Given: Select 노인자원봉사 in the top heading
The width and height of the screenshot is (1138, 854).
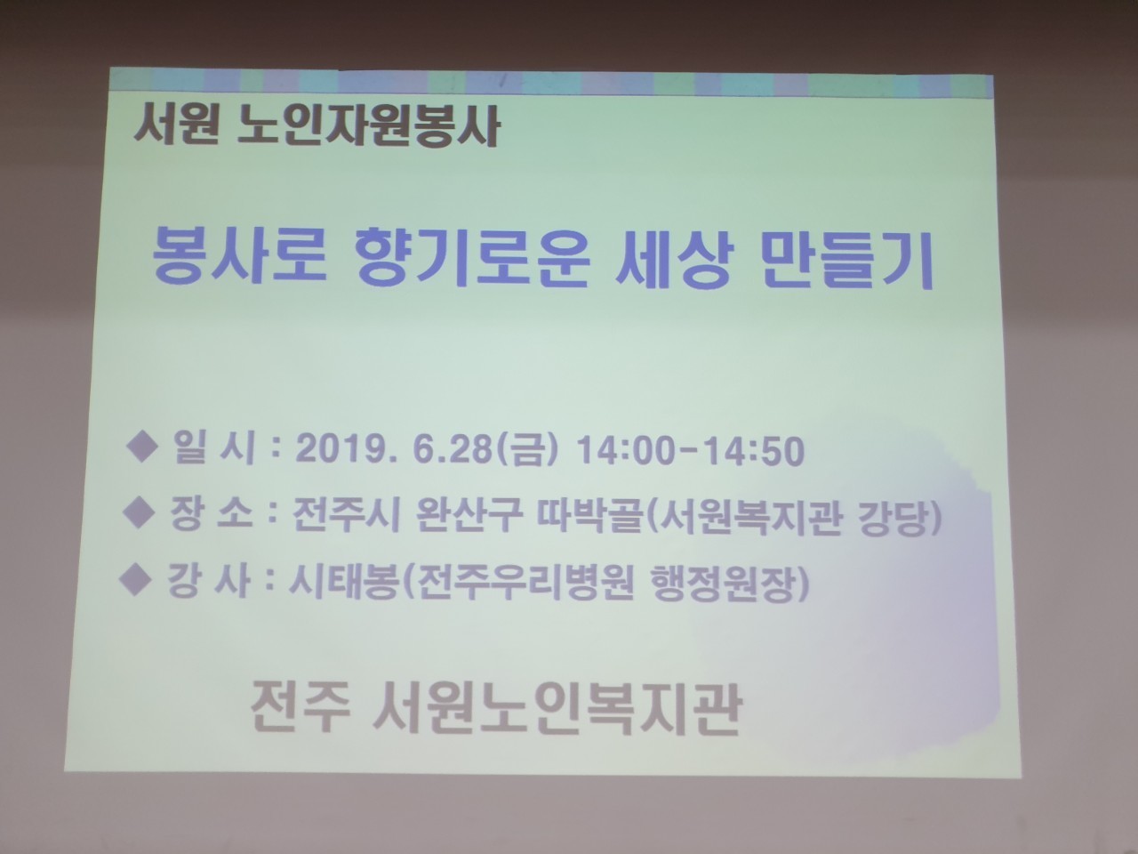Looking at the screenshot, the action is [x=369, y=128].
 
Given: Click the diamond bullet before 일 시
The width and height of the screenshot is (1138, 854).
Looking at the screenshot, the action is [x=142, y=447].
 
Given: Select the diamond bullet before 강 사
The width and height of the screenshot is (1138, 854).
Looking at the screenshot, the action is [x=135, y=580].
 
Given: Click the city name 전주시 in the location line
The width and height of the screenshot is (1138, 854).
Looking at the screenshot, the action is [x=346, y=515].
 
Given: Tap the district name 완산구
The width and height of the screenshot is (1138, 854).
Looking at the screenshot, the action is [x=469, y=515].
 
